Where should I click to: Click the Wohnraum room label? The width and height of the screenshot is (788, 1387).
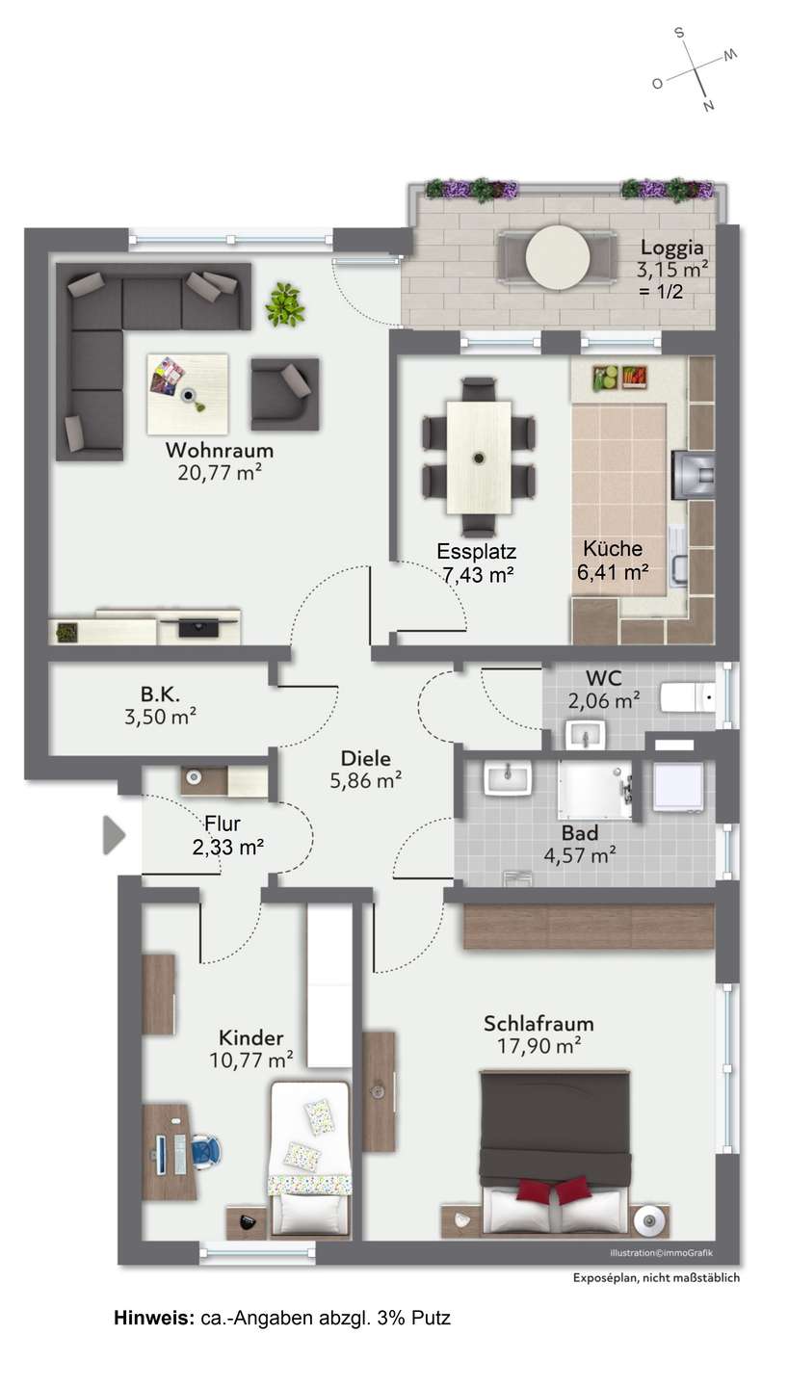[x=220, y=450]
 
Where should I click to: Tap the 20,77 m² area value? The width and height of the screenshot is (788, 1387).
[x=220, y=472]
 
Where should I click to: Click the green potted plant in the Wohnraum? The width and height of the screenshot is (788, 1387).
[x=285, y=303]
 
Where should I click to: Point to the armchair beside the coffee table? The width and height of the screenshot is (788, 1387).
[x=284, y=393]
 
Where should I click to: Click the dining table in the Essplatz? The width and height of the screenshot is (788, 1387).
[x=479, y=457]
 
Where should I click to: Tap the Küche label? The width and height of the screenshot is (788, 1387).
[x=612, y=548]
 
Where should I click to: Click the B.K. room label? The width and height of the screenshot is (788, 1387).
[x=159, y=693]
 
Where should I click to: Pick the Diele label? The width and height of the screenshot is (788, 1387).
[x=366, y=758]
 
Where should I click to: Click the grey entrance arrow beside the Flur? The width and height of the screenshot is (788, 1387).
[x=114, y=835]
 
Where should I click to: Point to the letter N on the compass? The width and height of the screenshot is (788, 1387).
[x=708, y=106]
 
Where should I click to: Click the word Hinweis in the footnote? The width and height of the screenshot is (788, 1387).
[x=154, y=1318]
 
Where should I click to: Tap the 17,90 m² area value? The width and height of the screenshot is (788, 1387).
[x=538, y=1046]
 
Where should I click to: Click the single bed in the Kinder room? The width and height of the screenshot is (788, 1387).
[x=309, y=1158]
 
